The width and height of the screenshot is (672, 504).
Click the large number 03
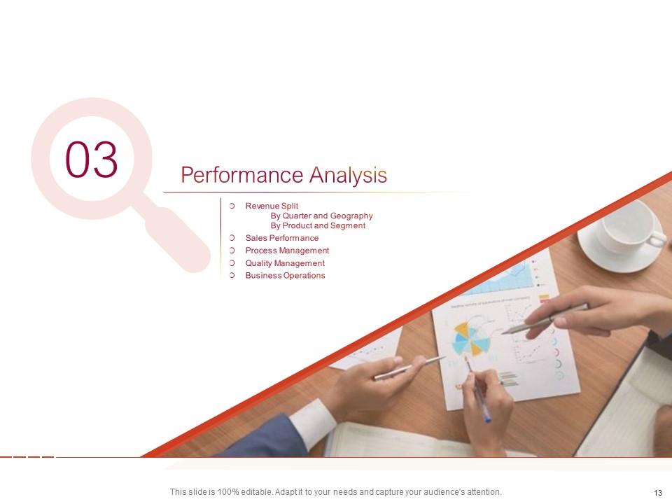[92, 160]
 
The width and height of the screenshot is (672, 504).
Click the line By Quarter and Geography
[321, 216]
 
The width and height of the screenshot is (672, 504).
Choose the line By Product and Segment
[318, 225]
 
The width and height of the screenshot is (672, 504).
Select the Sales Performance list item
[281, 238]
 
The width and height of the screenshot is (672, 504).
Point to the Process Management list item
[287, 251]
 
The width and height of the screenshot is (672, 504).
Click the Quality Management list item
[285, 263]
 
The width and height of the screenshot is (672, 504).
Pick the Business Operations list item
[285, 276]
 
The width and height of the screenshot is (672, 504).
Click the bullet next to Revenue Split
[232, 206]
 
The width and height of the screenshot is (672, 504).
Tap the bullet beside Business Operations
[232, 276]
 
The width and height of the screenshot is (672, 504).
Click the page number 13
[657, 492]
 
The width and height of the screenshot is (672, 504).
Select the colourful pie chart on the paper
[470, 339]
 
